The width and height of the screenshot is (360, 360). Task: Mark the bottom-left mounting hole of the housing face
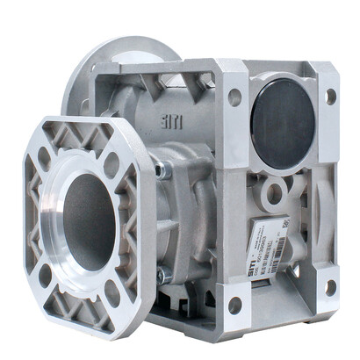[x=235, y=305]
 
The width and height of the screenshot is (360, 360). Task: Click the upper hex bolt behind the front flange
[x=162, y=170]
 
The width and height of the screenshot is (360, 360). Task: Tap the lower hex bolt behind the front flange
[x=163, y=276]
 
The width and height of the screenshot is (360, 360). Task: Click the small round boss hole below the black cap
[x=275, y=191]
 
